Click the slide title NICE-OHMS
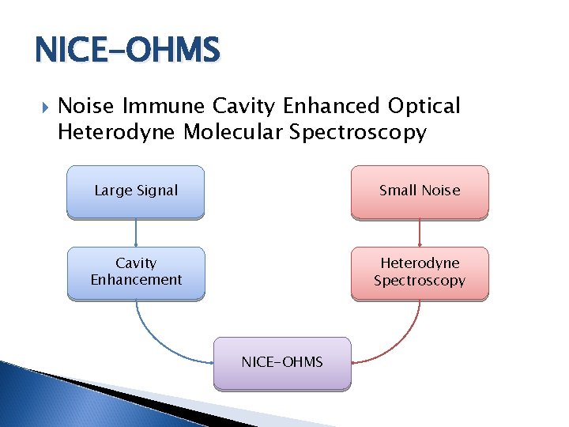coord(127,51)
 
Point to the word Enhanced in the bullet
coord(332,106)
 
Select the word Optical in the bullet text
coord(424,106)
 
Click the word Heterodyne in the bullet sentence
coord(117,132)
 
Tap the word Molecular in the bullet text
coord(233,132)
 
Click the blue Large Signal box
coord(136,191)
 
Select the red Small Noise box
coord(420,191)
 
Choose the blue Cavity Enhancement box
coord(136,272)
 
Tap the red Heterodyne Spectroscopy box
coord(420,272)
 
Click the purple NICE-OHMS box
coord(282,362)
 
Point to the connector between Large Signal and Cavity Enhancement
coord(136,232)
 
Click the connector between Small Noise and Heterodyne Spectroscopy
coord(420,232)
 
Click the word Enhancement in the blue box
coord(136,280)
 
